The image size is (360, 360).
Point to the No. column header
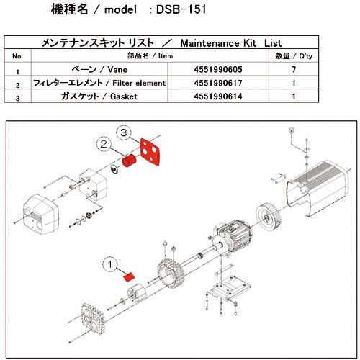pos(19,56)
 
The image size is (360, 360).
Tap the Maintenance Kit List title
pos(180,42)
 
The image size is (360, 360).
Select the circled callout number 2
pos(106,145)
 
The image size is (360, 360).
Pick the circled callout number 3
pos(125,133)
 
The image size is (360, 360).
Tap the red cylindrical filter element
pos(130,163)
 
